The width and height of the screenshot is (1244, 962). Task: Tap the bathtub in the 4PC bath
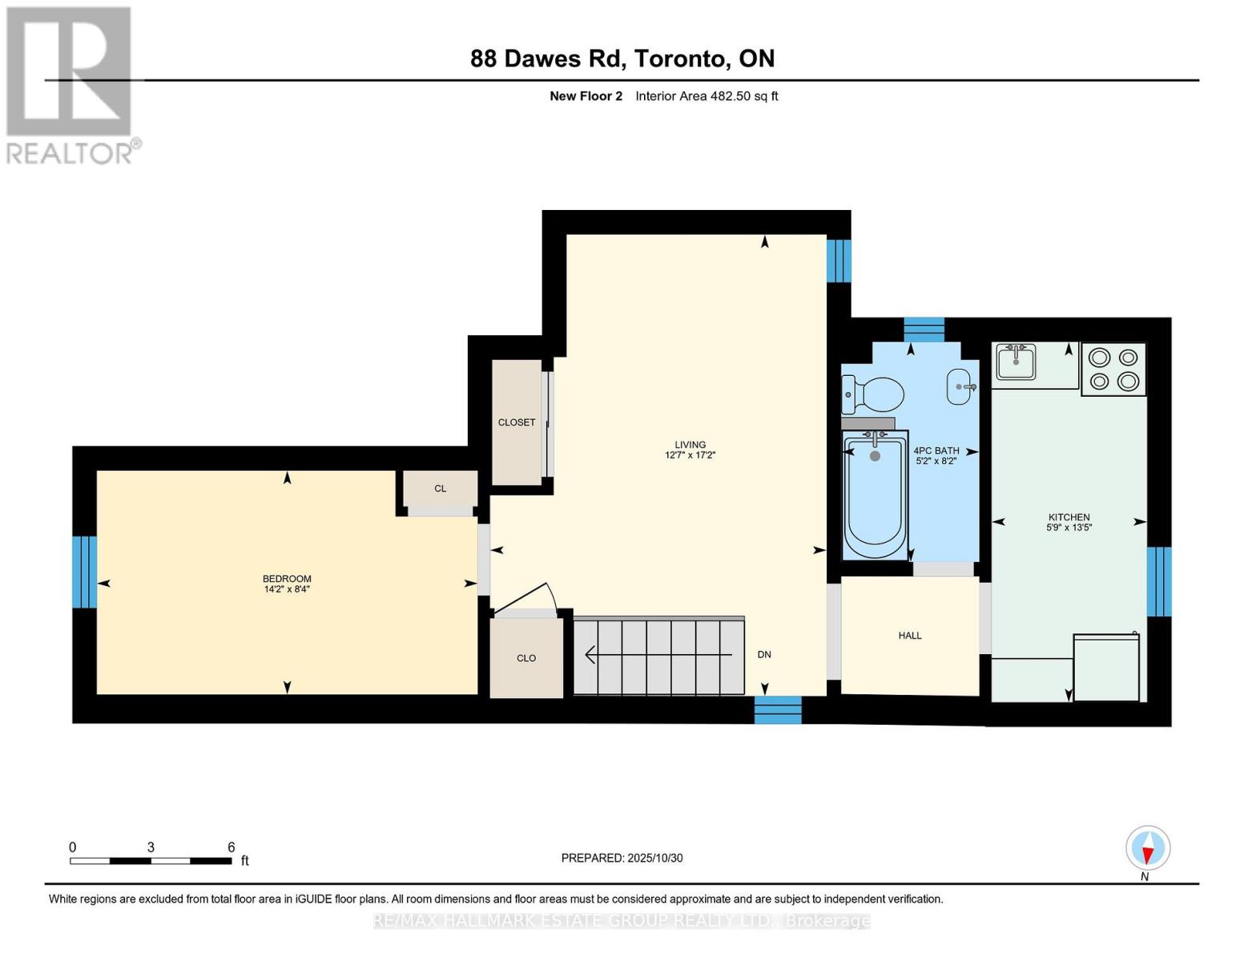point(875,495)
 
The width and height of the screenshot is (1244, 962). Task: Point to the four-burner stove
point(1113,370)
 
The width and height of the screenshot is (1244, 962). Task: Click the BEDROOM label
point(287,579)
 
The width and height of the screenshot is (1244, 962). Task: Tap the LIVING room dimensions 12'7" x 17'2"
point(690,455)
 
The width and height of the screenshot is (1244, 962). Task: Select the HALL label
point(910,636)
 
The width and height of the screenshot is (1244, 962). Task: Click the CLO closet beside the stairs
point(526,658)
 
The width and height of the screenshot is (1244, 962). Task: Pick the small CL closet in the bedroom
point(440,489)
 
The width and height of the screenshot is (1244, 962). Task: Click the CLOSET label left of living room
point(517,422)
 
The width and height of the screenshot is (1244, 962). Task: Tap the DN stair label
point(764,655)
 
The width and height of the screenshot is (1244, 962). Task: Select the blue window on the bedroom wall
point(84,572)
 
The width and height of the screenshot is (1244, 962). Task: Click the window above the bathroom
point(924,329)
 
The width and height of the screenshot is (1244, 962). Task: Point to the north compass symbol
point(1148,848)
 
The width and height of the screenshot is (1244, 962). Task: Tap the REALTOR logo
point(70,85)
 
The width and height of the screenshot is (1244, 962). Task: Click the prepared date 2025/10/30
point(654,858)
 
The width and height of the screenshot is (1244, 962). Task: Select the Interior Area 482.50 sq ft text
point(707,96)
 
